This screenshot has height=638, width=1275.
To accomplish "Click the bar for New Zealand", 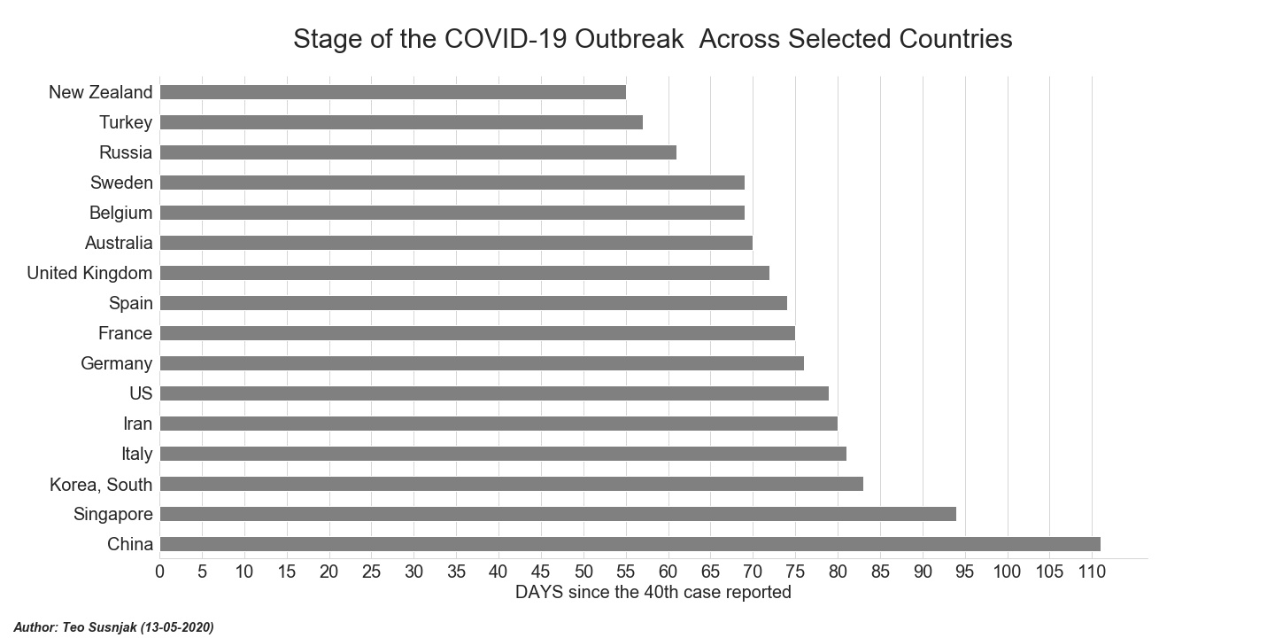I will point(392,92).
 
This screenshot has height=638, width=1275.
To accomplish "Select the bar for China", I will point(630,544).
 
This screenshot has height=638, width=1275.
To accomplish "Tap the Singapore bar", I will point(558,514).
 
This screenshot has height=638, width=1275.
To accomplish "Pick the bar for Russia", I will point(418,152).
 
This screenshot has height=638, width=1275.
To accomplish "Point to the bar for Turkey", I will point(401,122).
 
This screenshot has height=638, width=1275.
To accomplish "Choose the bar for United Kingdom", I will point(465,273).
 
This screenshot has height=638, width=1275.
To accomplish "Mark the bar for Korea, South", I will point(511,484).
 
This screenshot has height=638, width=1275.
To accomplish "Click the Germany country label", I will point(116,363).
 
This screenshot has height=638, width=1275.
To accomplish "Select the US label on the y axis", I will point(140,393).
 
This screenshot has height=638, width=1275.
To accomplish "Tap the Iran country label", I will point(137,424).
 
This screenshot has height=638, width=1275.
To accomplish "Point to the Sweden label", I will point(121,183).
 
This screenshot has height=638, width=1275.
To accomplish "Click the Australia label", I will point(119,243).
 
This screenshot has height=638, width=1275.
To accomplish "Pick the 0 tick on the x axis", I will point(159,572).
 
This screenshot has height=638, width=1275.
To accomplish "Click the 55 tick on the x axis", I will point(626,572).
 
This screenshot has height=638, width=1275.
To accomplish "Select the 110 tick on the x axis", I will point(1092,572).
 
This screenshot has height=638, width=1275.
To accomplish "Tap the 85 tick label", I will point(880,572).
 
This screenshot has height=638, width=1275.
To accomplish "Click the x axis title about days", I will point(653,592).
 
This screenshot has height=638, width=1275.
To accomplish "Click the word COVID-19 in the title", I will point(498,39).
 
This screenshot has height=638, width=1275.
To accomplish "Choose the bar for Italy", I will point(503,454).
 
